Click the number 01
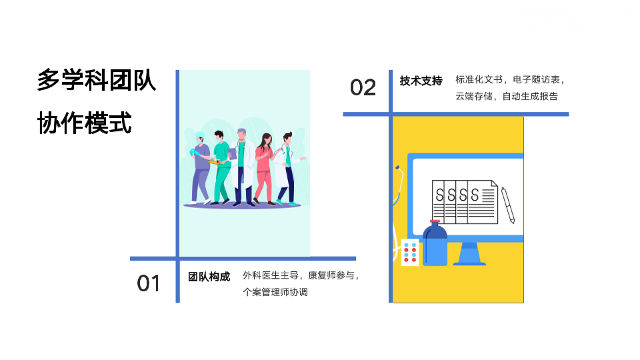[x=149, y=283]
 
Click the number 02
[x=363, y=87]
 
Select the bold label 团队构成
[x=209, y=277]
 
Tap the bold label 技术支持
[x=421, y=81]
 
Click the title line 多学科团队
[x=97, y=80]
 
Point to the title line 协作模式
[x=85, y=123]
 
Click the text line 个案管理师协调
[x=275, y=292]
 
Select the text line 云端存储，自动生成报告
[x=507, y=96]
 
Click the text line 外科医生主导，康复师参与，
[x=302, y=275]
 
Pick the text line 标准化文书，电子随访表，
[x=511, y=79]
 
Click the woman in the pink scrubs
[x=263, y=169]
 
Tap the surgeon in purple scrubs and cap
[x=200, y=170]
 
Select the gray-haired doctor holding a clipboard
[x=243, y=167]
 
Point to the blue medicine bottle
[x=435, y=246]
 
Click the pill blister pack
[x=410, y=253]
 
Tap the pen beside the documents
[x=508, y=205]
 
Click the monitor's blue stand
[x=469, y=254]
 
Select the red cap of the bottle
[x=435, y=221]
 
